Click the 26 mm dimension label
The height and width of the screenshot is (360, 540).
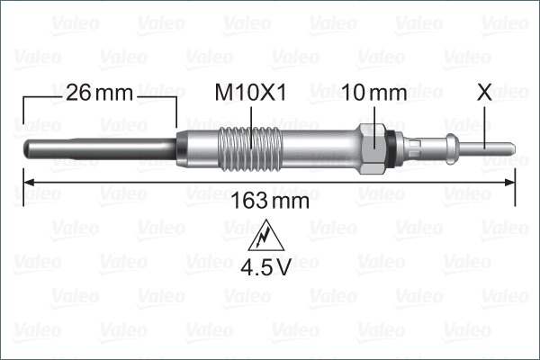click(99, 93)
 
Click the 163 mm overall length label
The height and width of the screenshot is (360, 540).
click(270, 201)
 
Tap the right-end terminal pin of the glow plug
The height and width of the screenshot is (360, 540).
click(495, 146)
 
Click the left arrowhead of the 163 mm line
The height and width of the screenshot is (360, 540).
click(29, 182)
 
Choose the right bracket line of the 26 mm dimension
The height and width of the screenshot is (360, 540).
click(176, 112)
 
